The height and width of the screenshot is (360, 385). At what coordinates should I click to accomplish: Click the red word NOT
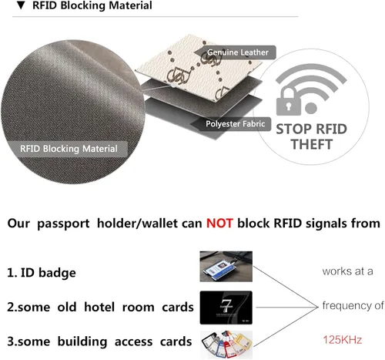coord(219,223)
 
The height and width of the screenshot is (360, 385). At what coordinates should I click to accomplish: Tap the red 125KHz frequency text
coord(343,340)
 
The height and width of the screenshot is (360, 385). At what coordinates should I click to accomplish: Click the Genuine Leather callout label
coord(238,52)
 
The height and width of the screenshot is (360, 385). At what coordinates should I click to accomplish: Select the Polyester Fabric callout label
coord(235,124)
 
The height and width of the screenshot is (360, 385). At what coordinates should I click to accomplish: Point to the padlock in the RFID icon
coord(289,102)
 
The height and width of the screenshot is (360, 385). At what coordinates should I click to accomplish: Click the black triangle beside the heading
coord(21,5)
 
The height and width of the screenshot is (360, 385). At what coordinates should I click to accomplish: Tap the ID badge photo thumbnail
coord(226,267)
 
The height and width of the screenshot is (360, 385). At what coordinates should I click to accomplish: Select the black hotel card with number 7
coord(226,308)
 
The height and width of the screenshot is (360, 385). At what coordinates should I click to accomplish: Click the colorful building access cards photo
coord(226,345)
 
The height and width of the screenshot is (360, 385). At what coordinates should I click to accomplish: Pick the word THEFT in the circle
coord(312,144)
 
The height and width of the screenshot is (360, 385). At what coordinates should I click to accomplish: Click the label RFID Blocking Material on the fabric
coord(69,149)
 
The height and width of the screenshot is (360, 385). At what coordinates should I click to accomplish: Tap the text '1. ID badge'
coord(42,273)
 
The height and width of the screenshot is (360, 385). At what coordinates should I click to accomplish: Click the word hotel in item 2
coord(99,307)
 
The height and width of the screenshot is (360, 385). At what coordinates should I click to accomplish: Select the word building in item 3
coord(82,341)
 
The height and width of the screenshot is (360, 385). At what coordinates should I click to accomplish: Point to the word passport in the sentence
coord(63,224)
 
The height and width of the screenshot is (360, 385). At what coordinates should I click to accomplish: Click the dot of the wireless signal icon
coord(311,108)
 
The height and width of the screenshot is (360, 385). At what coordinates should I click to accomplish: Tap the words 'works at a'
coord(347,271)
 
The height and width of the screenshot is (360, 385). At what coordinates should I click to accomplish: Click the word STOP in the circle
coord(293,129)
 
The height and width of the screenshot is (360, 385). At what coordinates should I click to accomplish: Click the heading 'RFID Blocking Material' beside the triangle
coord(92,5)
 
